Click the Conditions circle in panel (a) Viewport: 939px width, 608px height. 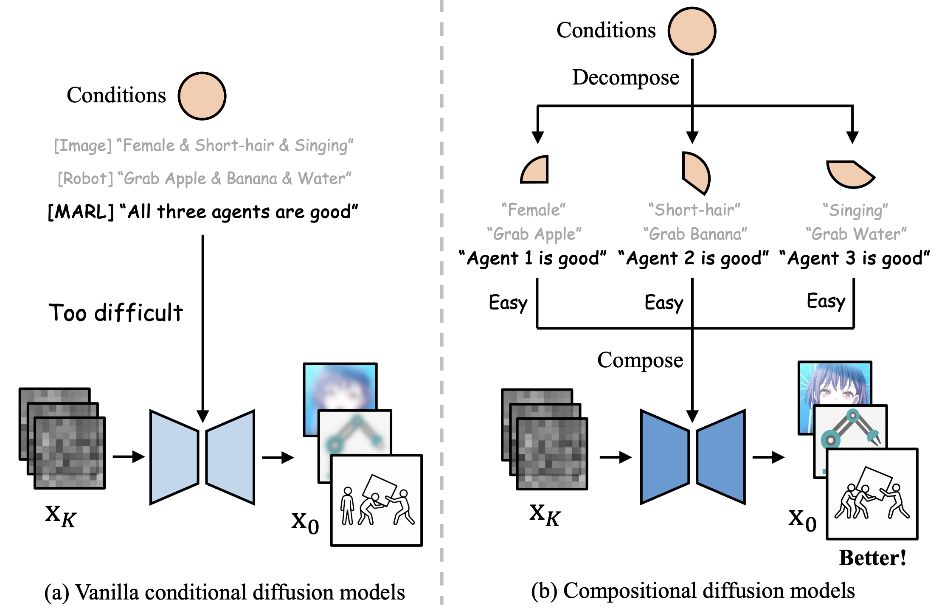(x=202, y=96)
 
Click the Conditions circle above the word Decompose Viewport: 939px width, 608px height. (x=692, y=31)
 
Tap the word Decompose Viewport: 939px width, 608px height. (x=625, y=78)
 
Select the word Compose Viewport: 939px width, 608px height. (x=640, y=360)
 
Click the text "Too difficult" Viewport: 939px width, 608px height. (x=116, y=313)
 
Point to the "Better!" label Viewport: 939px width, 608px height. (x=873, y=558)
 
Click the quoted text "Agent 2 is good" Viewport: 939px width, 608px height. (x=693, y=258)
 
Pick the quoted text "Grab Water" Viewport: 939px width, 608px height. (x=856, y=234)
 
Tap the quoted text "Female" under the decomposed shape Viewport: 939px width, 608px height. (x=533, y=210)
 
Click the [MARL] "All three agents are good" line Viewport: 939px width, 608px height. (x=203, y=212)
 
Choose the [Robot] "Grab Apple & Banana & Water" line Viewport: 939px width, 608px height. (x=205, y=179)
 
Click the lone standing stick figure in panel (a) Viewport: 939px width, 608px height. (x=348, y=506)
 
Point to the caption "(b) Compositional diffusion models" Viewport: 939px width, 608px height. (x=693, y=591)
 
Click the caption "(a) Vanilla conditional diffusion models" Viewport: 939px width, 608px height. (x=225, y=593)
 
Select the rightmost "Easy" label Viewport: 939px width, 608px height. (x=826, y=301)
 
